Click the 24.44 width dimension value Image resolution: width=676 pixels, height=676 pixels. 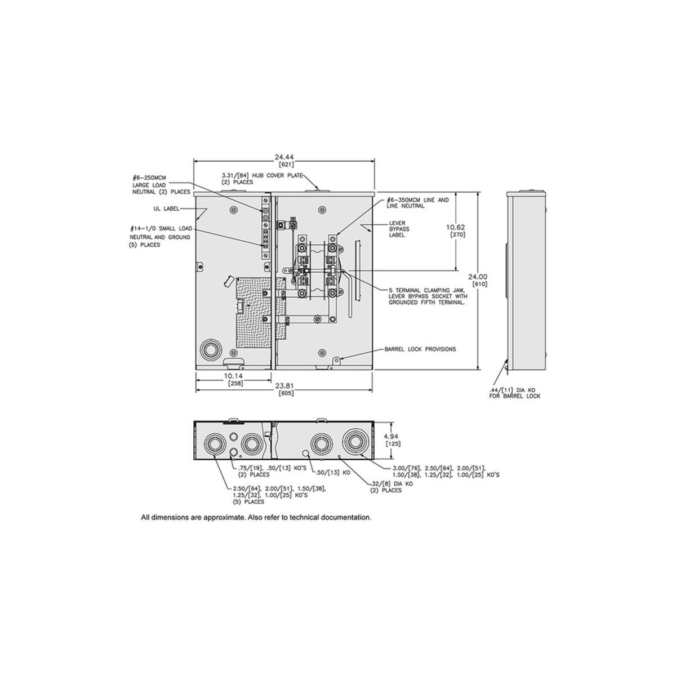[x=284, y=157]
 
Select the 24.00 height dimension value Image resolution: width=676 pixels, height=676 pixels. [x=478, y=277]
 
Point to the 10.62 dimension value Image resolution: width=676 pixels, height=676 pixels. [x=456, y=227]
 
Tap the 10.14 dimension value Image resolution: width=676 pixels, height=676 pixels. [x=233, y=376]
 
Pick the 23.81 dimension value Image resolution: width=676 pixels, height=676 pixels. [x=284, y=386]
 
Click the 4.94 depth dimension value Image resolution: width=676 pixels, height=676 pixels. [x=393, y=437]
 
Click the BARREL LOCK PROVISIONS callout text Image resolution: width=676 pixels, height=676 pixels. [x=420, y=349]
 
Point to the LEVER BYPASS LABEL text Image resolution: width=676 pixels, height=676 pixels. [x=397, y=229]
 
